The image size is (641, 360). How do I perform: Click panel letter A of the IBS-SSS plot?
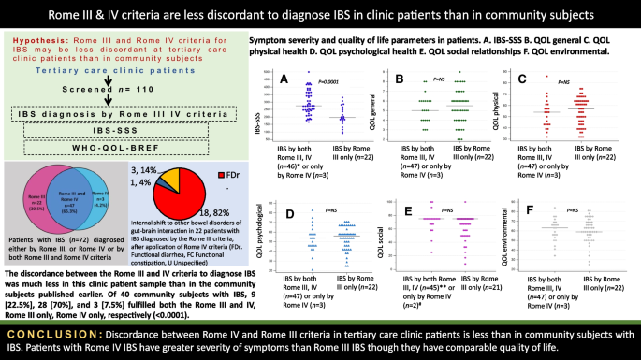point(284,81)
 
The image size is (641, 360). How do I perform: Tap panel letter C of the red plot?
point(522,82)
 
